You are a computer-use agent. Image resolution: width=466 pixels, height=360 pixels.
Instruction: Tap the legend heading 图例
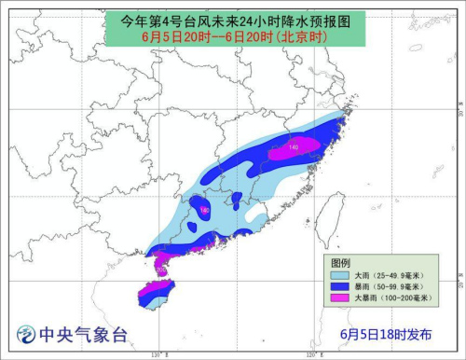point(340,262)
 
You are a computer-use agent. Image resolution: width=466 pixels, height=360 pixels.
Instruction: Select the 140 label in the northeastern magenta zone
point(294,146)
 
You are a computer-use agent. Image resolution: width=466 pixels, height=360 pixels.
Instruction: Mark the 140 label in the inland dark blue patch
point(205,211)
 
